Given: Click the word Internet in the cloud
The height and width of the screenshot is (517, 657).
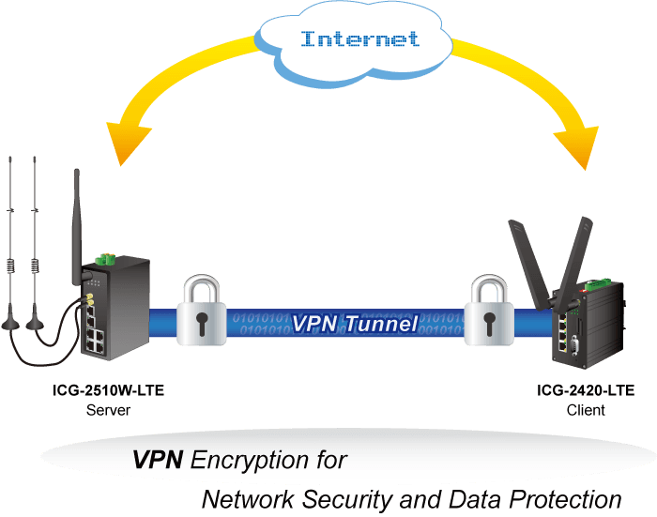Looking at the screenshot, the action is (359, 38).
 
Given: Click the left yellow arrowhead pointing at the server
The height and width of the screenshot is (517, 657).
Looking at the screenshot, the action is (127, 142).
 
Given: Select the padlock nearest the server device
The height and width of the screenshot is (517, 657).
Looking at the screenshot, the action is (202, 311).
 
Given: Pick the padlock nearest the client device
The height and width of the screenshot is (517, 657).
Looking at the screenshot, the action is (489, 311).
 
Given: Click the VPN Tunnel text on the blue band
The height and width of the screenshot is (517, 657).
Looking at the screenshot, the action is (355, 324).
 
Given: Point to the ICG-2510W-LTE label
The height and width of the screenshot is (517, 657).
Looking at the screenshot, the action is (108, 390).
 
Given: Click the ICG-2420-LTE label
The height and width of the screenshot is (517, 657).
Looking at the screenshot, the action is (586, 390).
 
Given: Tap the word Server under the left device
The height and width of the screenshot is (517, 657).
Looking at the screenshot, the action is (108, 410).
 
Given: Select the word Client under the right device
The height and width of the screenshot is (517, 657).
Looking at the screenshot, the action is (586, 410).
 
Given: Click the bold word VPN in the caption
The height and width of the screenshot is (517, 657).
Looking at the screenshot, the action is (158, 460).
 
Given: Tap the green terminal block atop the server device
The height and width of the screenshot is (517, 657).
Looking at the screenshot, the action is (105, 259).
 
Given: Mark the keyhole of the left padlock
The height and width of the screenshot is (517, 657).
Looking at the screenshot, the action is (202, 324).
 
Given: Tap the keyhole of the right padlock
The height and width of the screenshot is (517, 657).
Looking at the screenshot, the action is (489, 324).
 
